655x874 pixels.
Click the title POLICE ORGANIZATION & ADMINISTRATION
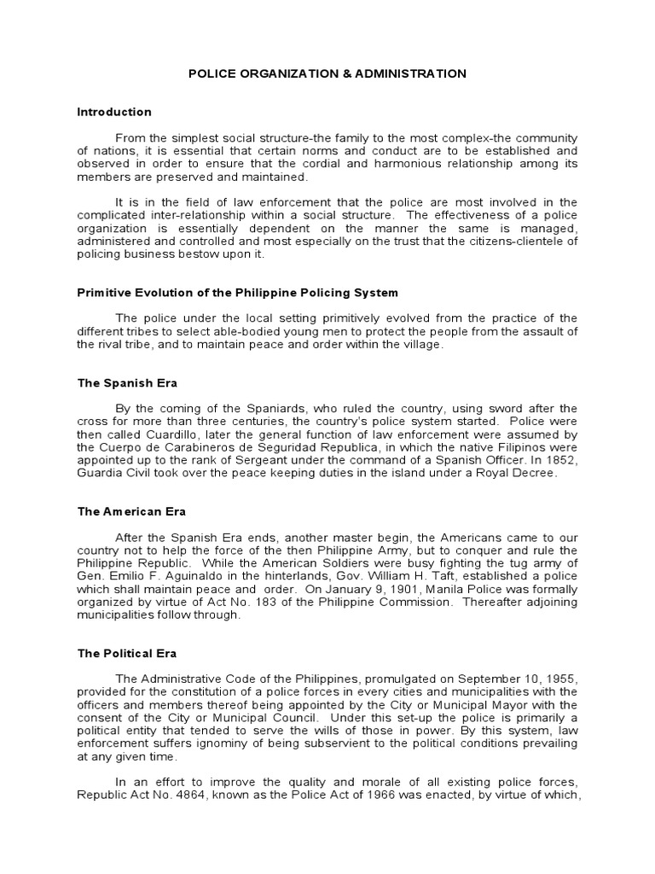327,73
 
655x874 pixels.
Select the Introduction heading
114,112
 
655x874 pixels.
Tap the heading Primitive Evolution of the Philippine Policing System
237,292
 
